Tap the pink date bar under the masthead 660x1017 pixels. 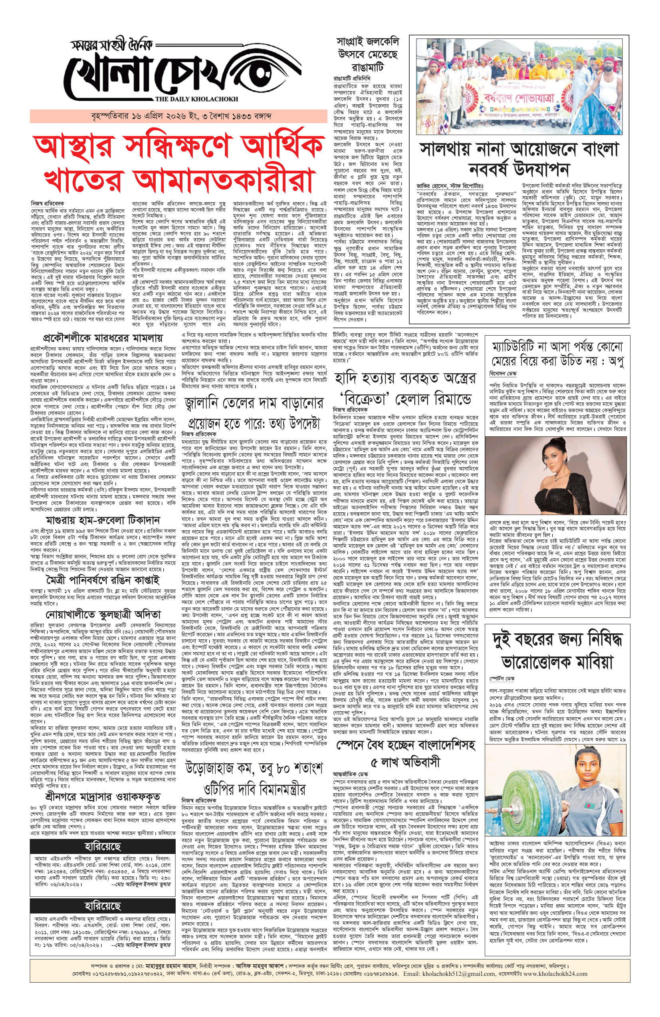pos(178,116)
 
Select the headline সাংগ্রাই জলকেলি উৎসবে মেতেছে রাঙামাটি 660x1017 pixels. pos(368,54)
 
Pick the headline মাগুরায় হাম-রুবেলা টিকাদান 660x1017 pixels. pos(103,520)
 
